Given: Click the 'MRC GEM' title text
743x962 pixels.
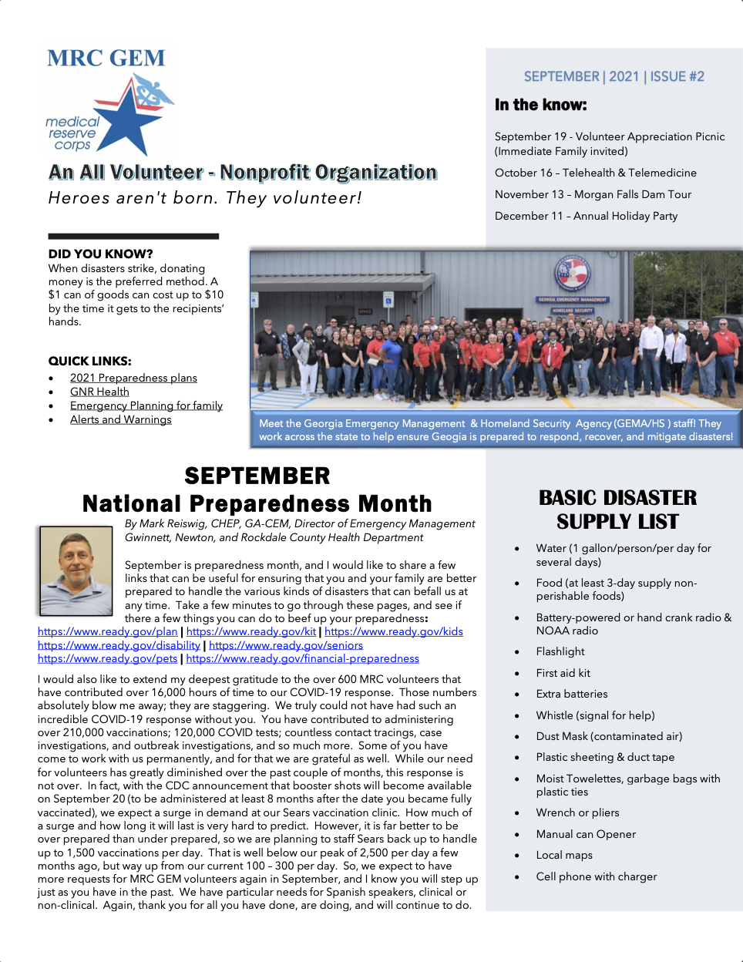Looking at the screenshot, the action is (106, 59).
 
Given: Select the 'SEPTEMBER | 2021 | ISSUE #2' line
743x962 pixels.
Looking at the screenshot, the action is (614, 76).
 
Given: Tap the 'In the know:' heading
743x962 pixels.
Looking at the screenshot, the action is (540, 105).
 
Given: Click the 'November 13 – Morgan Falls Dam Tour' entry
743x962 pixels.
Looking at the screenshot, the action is (593, 194).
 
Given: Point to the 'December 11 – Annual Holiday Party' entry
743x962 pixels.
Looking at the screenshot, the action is (586, 216).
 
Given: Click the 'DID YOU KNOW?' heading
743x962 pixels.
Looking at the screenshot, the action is (100, 254).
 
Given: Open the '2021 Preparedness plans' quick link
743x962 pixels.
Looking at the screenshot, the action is (133, 378).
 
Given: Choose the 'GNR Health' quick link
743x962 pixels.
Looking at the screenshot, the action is (99, 392).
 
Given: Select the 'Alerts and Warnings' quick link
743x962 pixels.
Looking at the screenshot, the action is (120, 419).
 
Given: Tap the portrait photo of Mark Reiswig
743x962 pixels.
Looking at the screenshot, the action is (76, 571).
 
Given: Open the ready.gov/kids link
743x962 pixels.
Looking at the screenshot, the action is (394, 631).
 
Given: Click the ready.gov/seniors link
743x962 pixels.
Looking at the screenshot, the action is (286, 645).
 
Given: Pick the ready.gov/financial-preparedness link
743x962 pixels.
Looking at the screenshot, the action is (302, 658).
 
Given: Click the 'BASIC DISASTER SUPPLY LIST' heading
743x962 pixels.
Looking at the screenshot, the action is (617, 510).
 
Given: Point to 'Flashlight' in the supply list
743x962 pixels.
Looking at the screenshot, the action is (560, 651).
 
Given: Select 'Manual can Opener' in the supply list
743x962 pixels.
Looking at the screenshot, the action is (586, 834).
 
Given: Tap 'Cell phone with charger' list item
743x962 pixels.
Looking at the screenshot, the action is (597, 876).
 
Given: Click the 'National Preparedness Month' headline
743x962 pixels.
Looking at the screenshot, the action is (257, 503).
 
